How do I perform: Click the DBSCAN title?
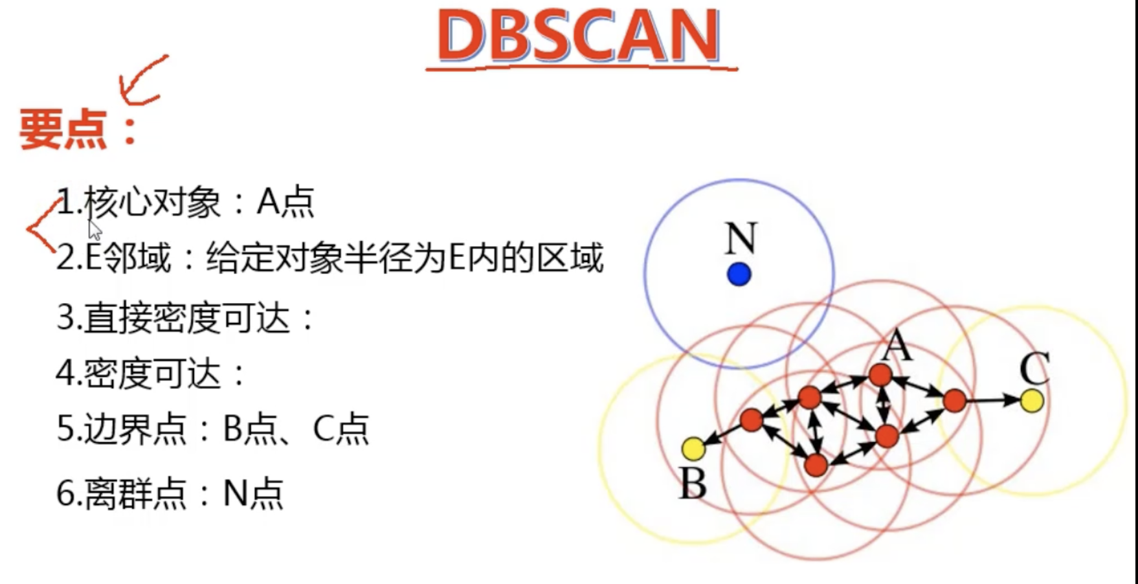[x=579, y=36]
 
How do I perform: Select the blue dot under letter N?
[x=739, y=275]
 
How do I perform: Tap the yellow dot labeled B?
[x=693, y=448]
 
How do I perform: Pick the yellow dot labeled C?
[x=1032, y=401]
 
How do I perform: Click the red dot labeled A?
[x=880, y=374]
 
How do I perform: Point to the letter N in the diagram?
[x=741, y=239]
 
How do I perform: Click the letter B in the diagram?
[x=692, y=484]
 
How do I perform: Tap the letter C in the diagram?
[x=1034, y=368]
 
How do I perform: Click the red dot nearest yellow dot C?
[x=954, y=401]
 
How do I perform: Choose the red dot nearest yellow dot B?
[x=751, y=420]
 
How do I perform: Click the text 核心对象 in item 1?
[x=153, y=203]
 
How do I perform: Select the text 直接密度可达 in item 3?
[x=187, y=318]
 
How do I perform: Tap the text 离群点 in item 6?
[x=135, y=493]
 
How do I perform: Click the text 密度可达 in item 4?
[x=153, y=374]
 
